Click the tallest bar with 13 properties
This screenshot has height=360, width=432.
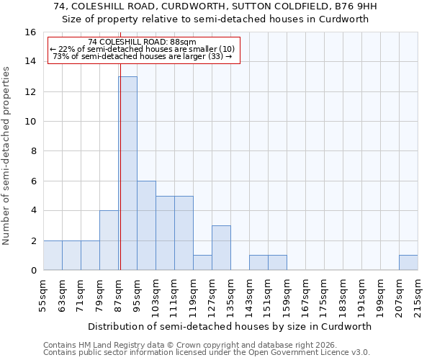pos(128,173)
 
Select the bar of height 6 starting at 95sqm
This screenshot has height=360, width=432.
pos(146,225)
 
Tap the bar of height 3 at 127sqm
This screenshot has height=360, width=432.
pos(221,248)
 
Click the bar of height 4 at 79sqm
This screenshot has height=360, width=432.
pos(109,240)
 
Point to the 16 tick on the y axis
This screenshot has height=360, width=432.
pos(30,32)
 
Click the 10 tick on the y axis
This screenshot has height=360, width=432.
pos(30,122)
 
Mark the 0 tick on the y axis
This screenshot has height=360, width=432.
pos(33,271)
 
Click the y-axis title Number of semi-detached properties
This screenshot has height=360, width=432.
pos(7,156)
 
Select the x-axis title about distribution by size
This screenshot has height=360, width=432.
pos(230,326)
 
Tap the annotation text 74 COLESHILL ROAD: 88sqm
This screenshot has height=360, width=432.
pos(142,42)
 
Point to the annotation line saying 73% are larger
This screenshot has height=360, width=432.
pos(143,56)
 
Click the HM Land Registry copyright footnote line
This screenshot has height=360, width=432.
pos(176,345)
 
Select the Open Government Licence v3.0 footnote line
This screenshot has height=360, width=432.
pos(207,352)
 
